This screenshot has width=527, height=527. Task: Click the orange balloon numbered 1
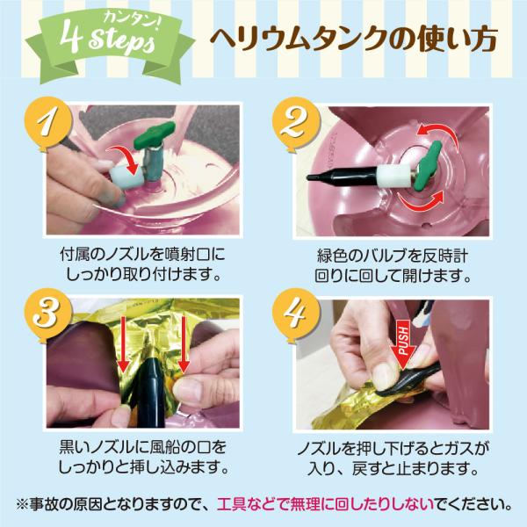click(x=48, y=124)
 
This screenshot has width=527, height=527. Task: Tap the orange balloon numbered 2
click(x=296, y=125)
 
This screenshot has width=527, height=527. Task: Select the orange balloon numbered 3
click(x=47, y=315)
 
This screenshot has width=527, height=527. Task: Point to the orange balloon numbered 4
click(x=295, y=315)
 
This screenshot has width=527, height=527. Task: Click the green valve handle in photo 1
click(x=155, y=135)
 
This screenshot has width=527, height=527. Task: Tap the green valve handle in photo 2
click(x=428, y=166)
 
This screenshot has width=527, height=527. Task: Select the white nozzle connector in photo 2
click(x=393, y=177)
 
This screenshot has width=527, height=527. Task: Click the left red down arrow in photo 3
click(x=124, y=345)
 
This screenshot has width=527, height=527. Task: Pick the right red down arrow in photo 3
click(x=184, y=344)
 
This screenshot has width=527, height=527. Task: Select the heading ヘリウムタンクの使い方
click(x=353, y=40)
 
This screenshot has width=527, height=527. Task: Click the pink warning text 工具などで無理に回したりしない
click(x=325, y=504)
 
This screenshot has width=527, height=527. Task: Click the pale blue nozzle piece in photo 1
click(x=126, y=176)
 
